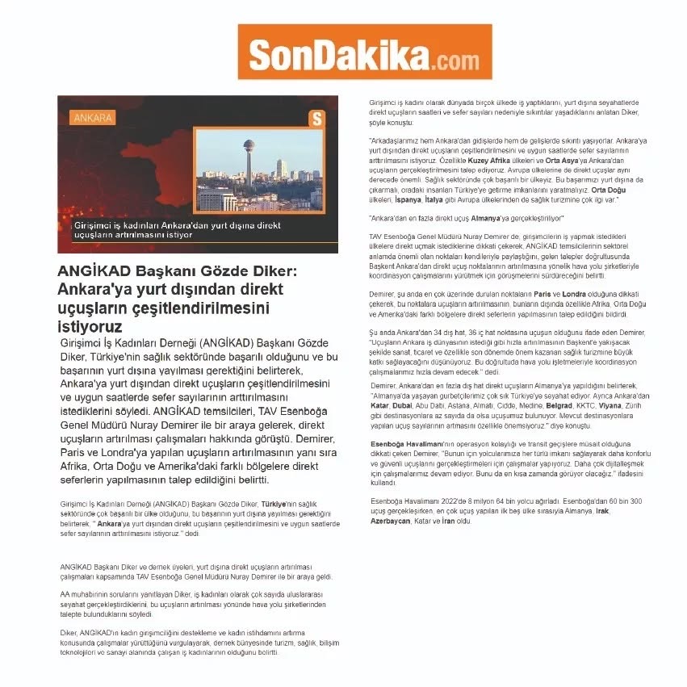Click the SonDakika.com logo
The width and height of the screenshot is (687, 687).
click(364, 52)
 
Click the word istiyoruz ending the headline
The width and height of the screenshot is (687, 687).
click(90, 327)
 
